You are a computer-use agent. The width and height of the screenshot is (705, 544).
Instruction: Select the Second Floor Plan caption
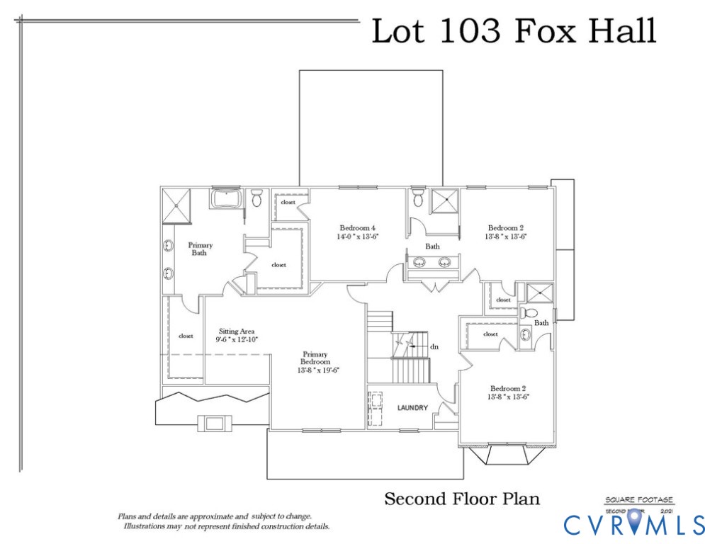pos(461,499)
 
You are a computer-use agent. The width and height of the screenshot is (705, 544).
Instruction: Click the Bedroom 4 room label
pos(358,228)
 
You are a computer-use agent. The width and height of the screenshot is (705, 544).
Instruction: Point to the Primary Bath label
pos(200,249)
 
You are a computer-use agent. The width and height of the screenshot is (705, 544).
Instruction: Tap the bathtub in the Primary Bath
pos(227,198)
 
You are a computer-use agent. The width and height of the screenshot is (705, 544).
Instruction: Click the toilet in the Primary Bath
pos(256,198)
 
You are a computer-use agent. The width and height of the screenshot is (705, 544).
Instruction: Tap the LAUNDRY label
pos(412,408)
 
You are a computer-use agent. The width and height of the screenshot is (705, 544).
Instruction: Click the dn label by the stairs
pos(435,348)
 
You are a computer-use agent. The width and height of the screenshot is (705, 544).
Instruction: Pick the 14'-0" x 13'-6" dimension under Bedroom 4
pos(358,237)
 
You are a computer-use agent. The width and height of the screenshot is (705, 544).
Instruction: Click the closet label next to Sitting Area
pos(186,336)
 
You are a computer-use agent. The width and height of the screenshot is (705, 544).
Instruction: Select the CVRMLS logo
pos(633,524)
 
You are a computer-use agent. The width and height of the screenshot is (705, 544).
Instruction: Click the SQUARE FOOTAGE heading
pos(639,500)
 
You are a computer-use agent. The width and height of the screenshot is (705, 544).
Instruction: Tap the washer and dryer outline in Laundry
pos(375,409)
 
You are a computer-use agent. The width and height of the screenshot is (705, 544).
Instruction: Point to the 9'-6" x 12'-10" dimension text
pos(237,340)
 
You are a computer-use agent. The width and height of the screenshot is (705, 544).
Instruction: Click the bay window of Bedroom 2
pos(505,454)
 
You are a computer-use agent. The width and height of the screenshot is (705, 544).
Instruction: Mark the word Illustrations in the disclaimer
pos(147,527)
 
